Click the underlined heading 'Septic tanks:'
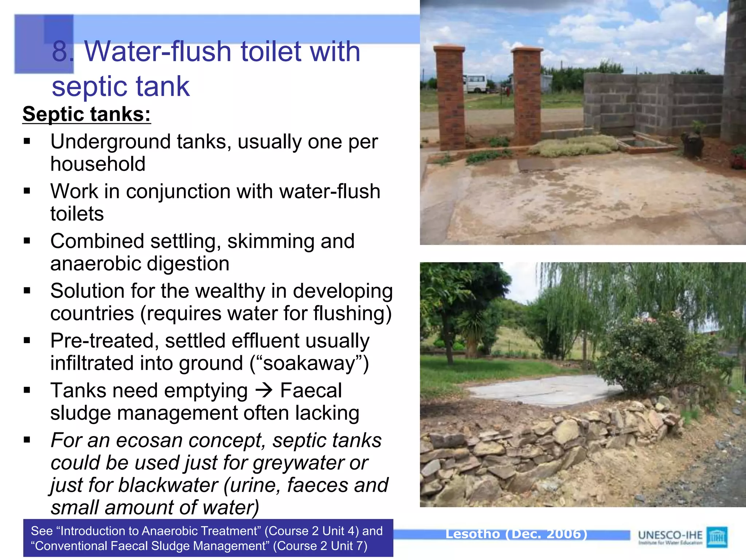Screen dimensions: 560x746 click(87, 114)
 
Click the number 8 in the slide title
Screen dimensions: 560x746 click(60, 51)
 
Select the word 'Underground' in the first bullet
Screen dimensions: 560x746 click(110, 141)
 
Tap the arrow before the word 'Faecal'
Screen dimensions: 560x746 click(264, 390)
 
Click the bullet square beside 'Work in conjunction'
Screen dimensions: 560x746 click(27, 191)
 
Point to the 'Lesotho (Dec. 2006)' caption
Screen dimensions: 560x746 click(517, 534)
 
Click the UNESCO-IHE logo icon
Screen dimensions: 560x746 click(717, 537)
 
